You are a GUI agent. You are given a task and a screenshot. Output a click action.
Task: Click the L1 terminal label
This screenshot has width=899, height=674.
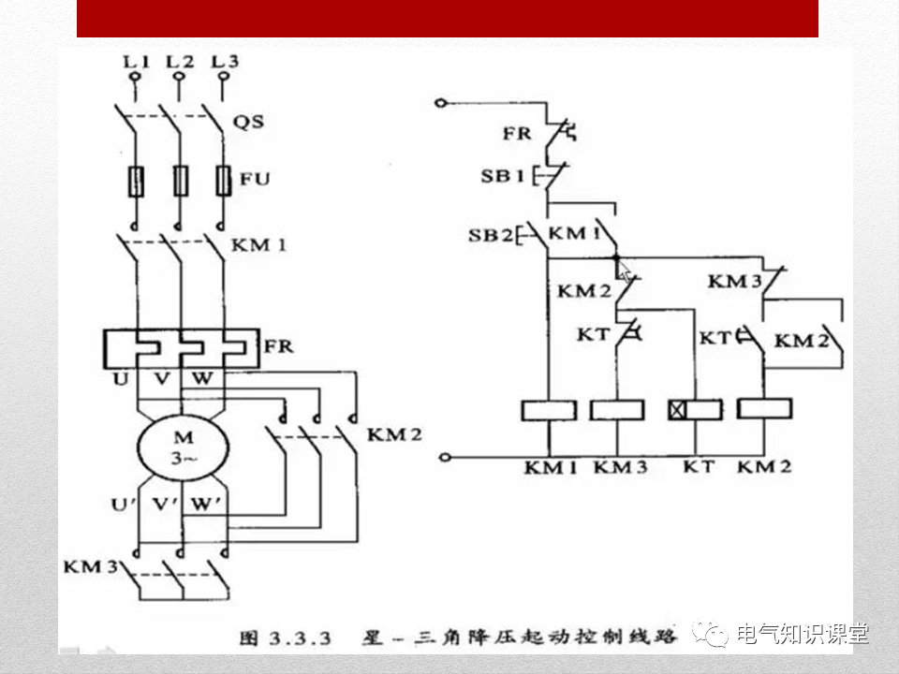[x=137, y=62]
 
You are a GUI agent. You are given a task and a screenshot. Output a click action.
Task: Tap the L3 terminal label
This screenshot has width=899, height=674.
[x=225, y=62]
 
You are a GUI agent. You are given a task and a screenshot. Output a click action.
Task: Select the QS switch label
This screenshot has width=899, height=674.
[x=248, y=122]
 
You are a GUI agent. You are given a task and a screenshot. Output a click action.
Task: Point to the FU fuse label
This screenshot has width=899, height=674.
[x=255, y=178]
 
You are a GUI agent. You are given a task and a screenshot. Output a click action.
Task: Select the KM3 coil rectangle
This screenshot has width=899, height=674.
[x=618, y=410]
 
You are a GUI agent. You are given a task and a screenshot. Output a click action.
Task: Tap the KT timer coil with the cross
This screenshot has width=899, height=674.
[x=695, y=410]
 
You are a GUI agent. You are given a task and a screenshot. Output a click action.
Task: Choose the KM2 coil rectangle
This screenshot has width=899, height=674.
[x=764, y=409]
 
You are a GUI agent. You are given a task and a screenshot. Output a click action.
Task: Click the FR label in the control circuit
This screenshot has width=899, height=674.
[x=516, y=133]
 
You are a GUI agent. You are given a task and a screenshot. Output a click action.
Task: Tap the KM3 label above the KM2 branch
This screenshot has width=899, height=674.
[x=733, y=281]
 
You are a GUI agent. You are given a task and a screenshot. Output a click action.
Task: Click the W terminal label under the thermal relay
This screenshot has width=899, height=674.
[x=202, y=379]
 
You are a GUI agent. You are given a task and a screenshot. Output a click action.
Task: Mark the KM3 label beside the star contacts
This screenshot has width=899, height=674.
[x=92, y=567]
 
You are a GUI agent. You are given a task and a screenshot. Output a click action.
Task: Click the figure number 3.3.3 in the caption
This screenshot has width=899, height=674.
[x=301, y=638]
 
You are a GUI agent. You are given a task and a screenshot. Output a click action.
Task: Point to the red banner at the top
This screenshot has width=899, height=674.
[x=447, y=18]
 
